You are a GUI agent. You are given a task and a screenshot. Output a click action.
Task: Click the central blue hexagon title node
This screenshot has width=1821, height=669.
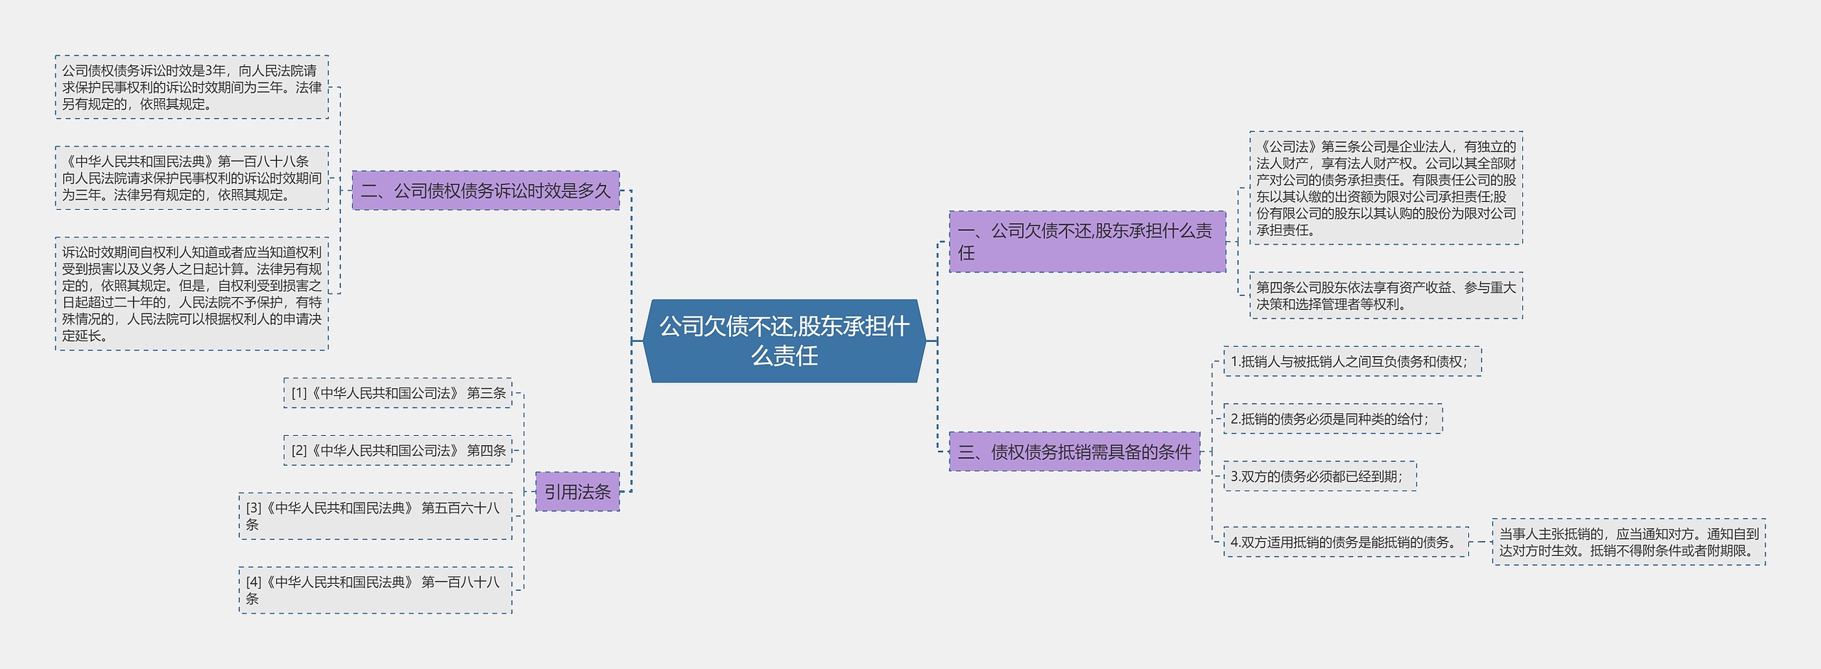tap(784, 341)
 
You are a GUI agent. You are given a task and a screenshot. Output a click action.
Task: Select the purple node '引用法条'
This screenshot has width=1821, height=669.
tap(577, 491)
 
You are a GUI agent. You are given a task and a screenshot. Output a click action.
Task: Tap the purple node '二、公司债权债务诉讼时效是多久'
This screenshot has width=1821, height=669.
tap(485, 191)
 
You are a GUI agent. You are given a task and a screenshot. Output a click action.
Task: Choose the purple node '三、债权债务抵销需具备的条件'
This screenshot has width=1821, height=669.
tap(1074, 451)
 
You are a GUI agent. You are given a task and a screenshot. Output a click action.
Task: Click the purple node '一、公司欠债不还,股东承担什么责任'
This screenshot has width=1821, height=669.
tap(1087, 242)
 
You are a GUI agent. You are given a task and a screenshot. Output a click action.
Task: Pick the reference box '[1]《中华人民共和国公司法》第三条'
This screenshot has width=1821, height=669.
tap(398, 393)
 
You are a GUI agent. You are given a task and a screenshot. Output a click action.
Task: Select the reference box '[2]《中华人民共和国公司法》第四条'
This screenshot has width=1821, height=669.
tap(398, 451)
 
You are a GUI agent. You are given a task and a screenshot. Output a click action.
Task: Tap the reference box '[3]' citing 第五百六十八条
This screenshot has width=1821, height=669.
tap(375, 516)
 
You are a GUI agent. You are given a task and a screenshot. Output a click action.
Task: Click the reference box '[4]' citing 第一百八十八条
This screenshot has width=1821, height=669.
tap(375, 590)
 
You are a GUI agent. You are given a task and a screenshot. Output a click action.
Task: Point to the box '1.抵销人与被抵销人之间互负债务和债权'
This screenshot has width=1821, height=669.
tap(1352, 361)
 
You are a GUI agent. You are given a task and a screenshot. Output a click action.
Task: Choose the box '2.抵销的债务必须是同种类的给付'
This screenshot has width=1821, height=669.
tap(1332, 419)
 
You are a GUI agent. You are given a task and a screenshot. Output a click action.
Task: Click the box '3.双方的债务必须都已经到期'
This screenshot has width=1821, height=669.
tap(1320, 476)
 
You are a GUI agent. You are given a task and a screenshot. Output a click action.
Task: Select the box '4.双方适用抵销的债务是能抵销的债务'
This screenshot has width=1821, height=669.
tap(1345, 542)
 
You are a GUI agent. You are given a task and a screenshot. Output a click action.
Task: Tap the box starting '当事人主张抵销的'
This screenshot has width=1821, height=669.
tap(1628, 542)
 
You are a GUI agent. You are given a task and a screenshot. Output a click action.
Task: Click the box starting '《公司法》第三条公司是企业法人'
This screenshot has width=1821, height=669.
tap(1386, 188)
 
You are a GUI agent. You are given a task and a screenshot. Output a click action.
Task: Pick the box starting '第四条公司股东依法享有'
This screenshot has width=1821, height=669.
tap(1386, 295)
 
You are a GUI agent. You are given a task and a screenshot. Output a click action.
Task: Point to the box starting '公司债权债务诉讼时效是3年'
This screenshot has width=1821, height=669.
tap(191, 87)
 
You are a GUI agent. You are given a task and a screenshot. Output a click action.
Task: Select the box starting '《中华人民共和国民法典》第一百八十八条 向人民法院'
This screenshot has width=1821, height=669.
tap(191, 178)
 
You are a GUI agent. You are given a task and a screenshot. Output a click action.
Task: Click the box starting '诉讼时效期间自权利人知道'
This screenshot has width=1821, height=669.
tap(191, 294)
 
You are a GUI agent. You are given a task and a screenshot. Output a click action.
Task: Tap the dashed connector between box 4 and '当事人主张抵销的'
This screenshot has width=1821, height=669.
tap(1480, 542)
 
